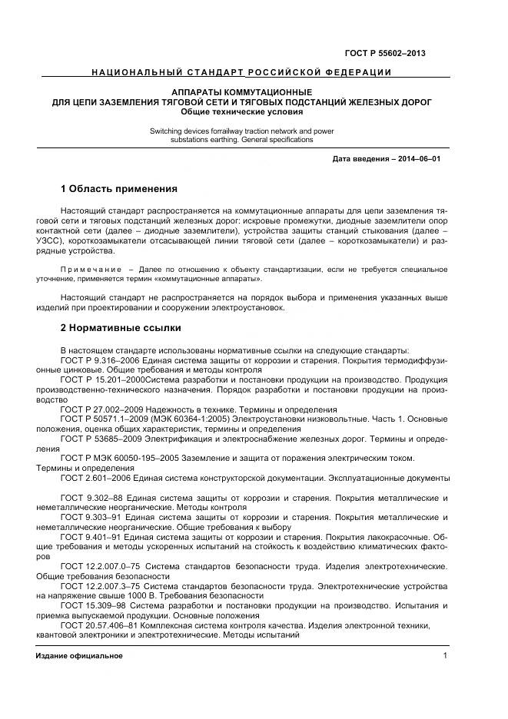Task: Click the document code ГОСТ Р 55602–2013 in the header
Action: click(x=390, y=53)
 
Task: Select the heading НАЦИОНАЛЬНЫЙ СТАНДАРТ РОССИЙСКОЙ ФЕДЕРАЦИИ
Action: click(x=241, y=73)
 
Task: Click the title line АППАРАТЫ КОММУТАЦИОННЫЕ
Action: click(x=241, y=92)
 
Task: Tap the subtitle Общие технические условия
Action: click(x=241, y=111)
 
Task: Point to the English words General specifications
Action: click(x=271, y=140)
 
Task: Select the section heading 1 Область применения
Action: click(x=119, y=188)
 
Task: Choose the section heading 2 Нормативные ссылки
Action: click(x=121, y=328)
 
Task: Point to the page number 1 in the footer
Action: click(x=445, y=655)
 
